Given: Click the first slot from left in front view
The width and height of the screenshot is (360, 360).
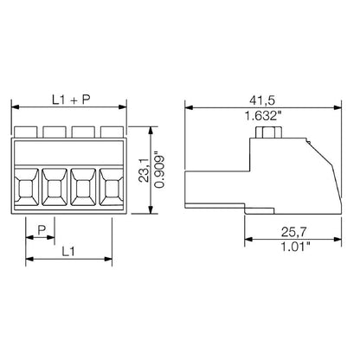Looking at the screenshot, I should (28, 185).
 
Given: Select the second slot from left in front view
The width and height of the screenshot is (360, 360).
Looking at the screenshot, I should (55, 185).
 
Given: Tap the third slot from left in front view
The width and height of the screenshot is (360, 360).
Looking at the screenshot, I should (83, 185).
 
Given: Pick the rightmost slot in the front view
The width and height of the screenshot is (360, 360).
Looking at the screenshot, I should (111, 185).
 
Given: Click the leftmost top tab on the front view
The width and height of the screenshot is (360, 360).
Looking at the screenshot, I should (26, 133).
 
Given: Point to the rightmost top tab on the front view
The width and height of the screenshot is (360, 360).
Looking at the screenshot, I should (110, 133).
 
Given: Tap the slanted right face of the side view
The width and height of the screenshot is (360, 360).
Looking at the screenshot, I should (330, 177).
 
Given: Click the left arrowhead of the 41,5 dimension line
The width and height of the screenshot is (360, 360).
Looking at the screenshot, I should (192, 106).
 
